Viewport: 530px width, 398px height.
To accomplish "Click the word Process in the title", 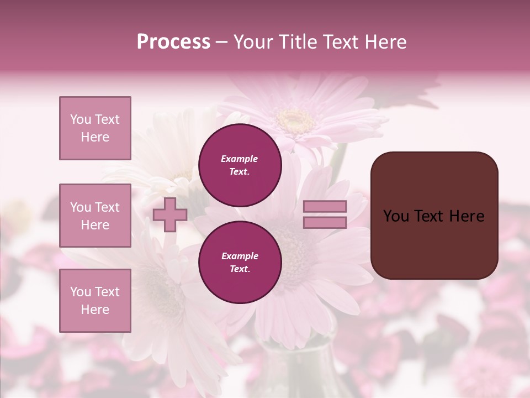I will [173, 42].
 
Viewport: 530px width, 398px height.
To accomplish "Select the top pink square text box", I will [95, 128].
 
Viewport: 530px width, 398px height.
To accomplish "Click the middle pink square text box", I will [95, 216].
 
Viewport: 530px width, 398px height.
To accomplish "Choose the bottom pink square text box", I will [95, 301].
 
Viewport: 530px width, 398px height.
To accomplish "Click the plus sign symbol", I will [170, 215].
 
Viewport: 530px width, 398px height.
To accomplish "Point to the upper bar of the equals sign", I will [325, 206].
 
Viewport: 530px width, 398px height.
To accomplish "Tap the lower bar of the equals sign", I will [325, 223].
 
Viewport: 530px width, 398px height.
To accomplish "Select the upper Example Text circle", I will [240, 165].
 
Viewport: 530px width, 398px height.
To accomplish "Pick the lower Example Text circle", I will [240, 263].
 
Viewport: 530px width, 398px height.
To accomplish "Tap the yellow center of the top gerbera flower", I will [296, 118].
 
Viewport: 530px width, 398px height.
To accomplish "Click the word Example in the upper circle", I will [239, 159].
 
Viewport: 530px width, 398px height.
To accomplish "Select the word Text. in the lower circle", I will [239, 269].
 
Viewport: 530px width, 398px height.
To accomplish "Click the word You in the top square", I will [81, 119].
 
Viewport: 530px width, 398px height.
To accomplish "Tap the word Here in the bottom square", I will [95, 310].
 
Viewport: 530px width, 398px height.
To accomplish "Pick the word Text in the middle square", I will [107, 207].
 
